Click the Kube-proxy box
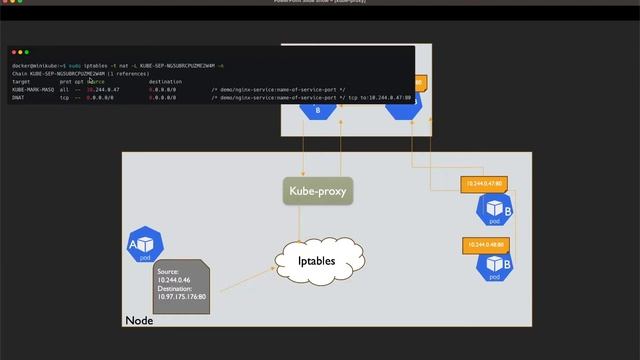320,190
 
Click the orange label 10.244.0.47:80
484,184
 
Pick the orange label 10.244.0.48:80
484,244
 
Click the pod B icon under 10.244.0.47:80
494,209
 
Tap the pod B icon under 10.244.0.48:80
494,266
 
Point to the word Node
139,320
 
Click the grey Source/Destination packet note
181,285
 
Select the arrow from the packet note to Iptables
244,279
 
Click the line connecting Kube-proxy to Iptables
319,222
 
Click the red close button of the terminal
14,52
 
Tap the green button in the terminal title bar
27,52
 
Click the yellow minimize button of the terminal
20,52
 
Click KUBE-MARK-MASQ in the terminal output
32,89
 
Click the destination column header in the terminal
165,81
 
